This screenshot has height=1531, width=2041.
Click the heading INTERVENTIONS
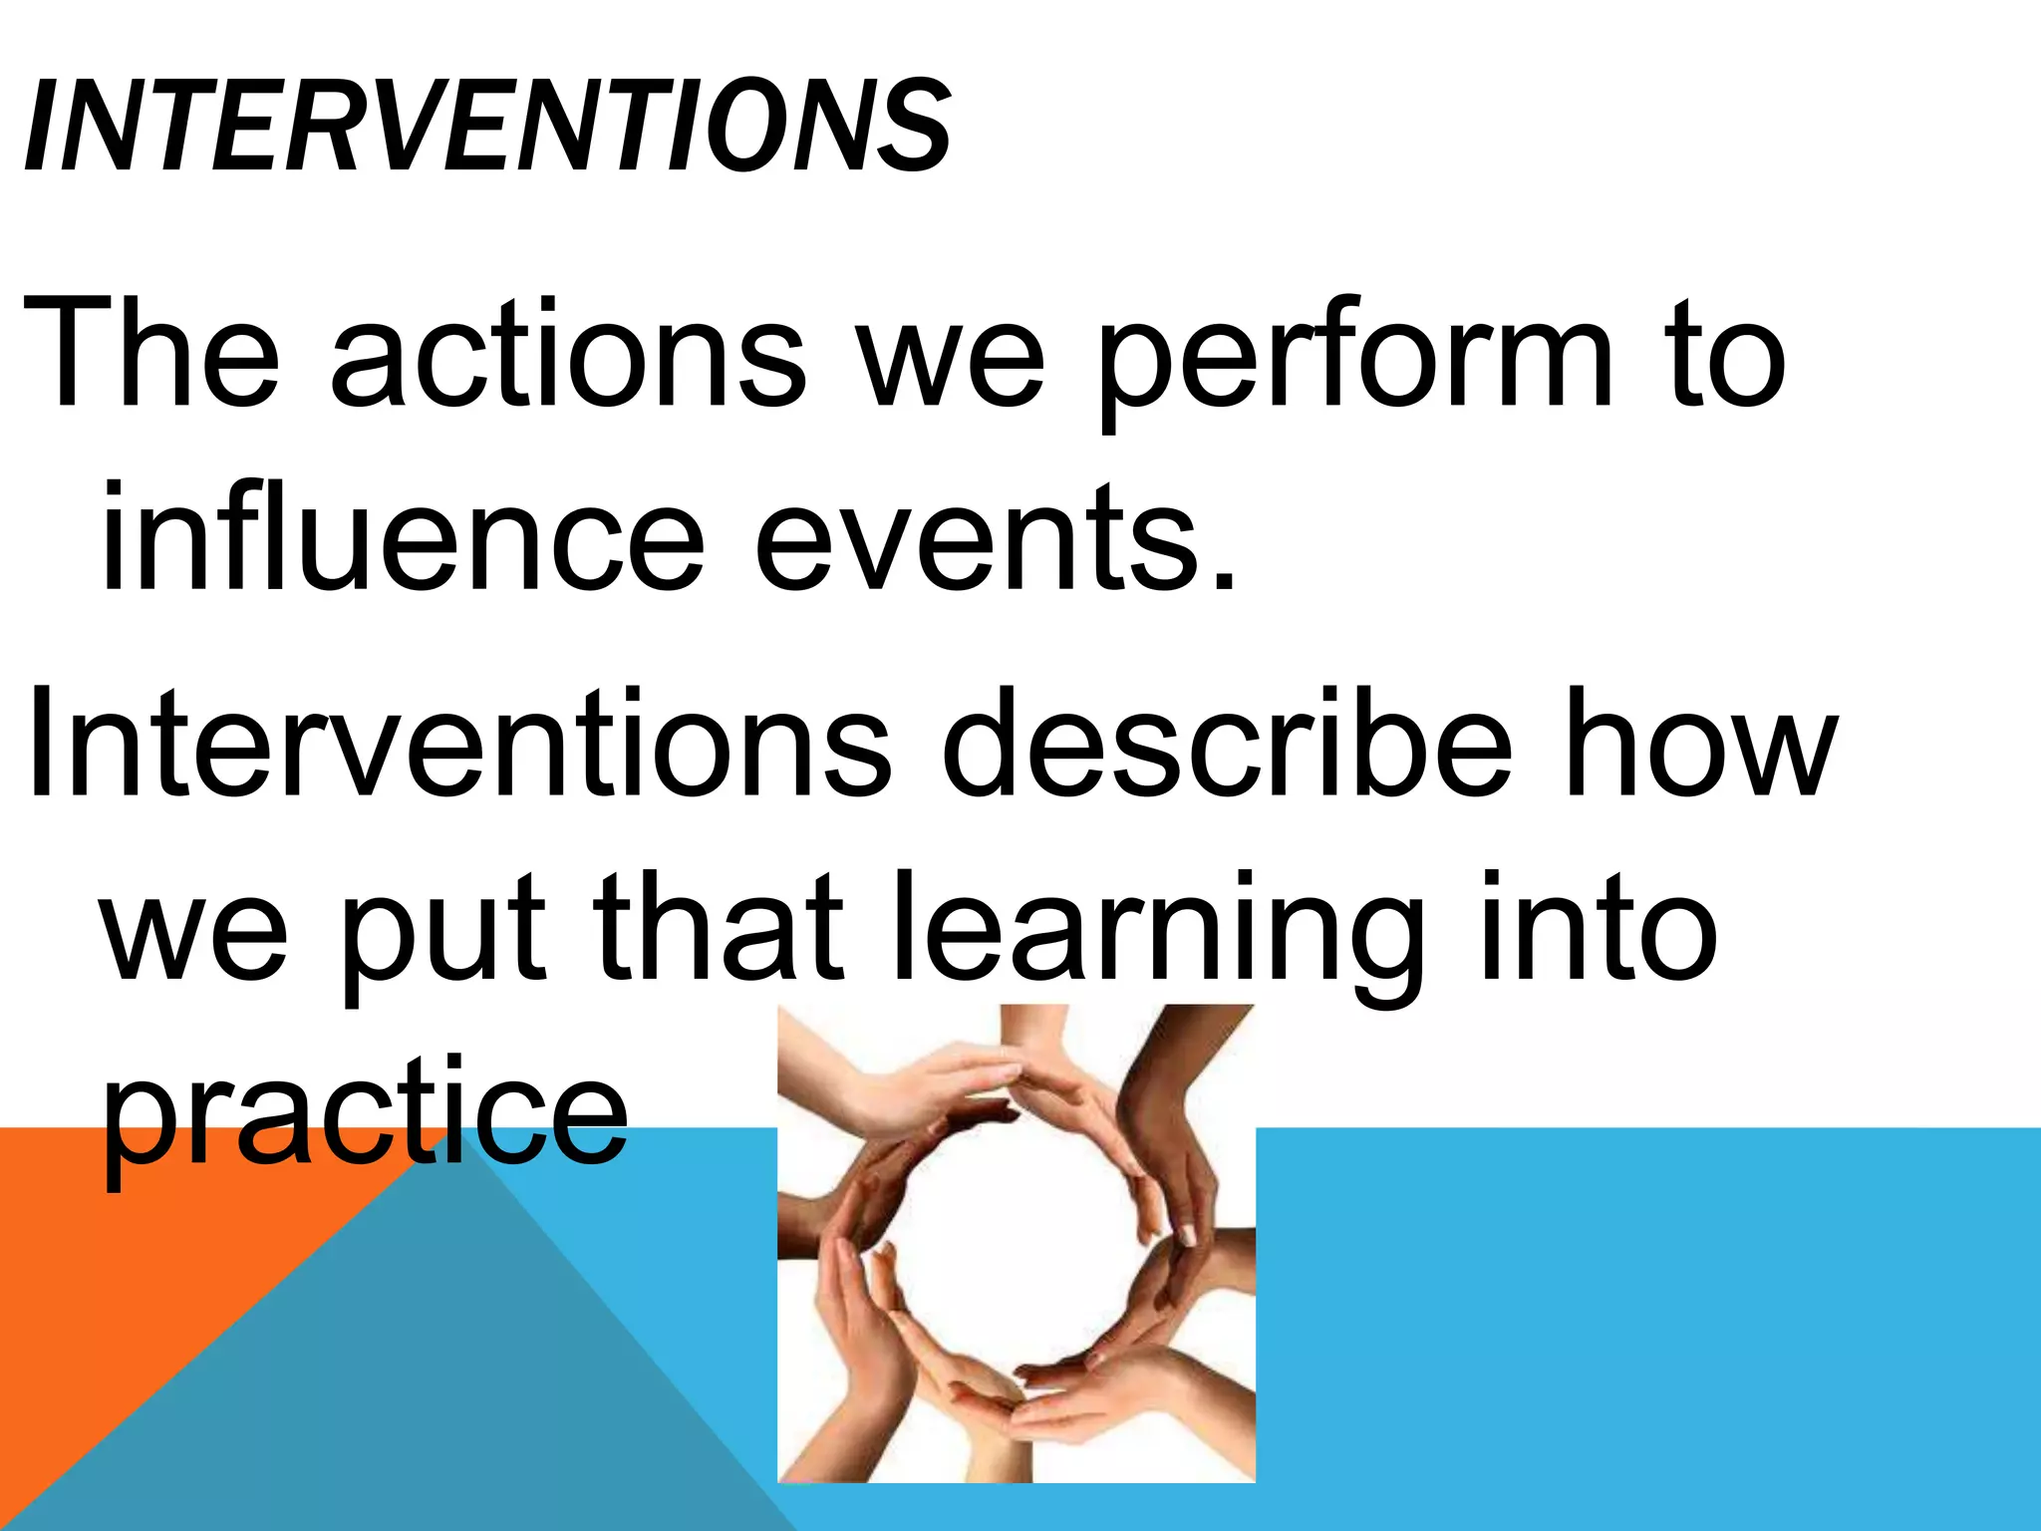pyautogui.click(x=486, y=128)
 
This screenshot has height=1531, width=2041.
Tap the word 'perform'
pyautogui.click(x=1355, y=361)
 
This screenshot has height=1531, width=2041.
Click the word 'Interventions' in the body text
pyautogui.click(x=458, y=746)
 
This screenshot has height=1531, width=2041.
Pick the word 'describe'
pyautogui.click(x=1226, y=746)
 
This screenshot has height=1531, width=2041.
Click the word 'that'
pyautogui.click(x=718, y=927)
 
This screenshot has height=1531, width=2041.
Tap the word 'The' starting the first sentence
pyautogui.click(x=149, y=357)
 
